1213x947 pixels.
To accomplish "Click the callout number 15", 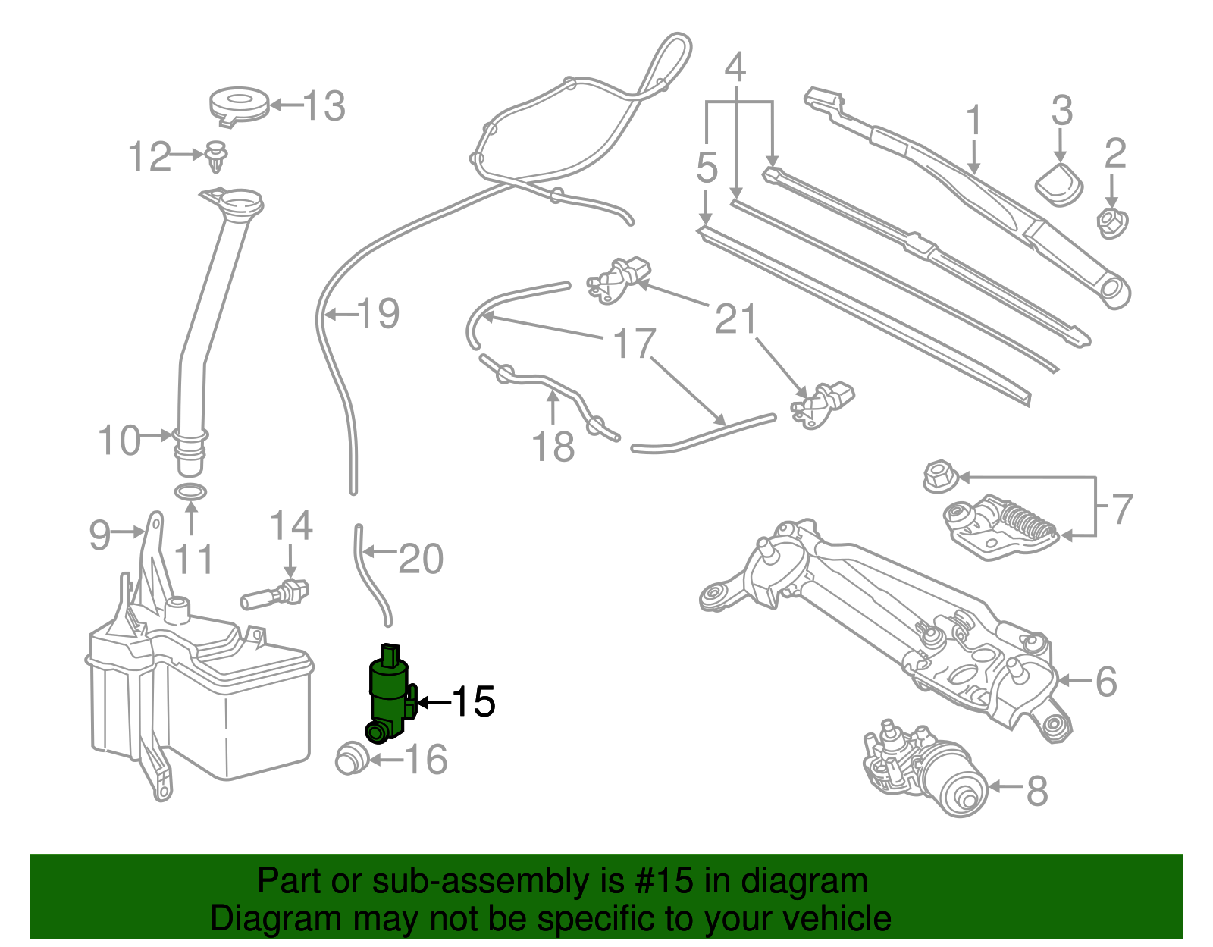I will tap(473, 702).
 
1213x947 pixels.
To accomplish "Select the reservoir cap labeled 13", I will tap(239, 105).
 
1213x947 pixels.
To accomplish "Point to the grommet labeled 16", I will tap(351, 757).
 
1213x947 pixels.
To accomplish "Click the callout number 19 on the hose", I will tap(378, 313).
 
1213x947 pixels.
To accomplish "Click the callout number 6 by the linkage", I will tap(1106, 682).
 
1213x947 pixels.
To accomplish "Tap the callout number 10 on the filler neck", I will tap(120, 441).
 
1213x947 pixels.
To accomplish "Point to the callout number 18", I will tap(553, 447).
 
